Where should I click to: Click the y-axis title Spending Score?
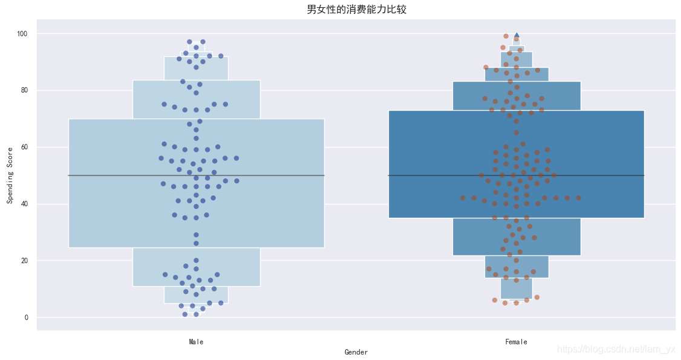(x=10, y=175)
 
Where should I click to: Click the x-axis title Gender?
(x=356, y=352)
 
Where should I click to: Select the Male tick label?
(x=196, y=342)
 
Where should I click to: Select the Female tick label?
(x=516, y=342)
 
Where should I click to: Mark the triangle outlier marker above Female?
(x=516, y=35)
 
